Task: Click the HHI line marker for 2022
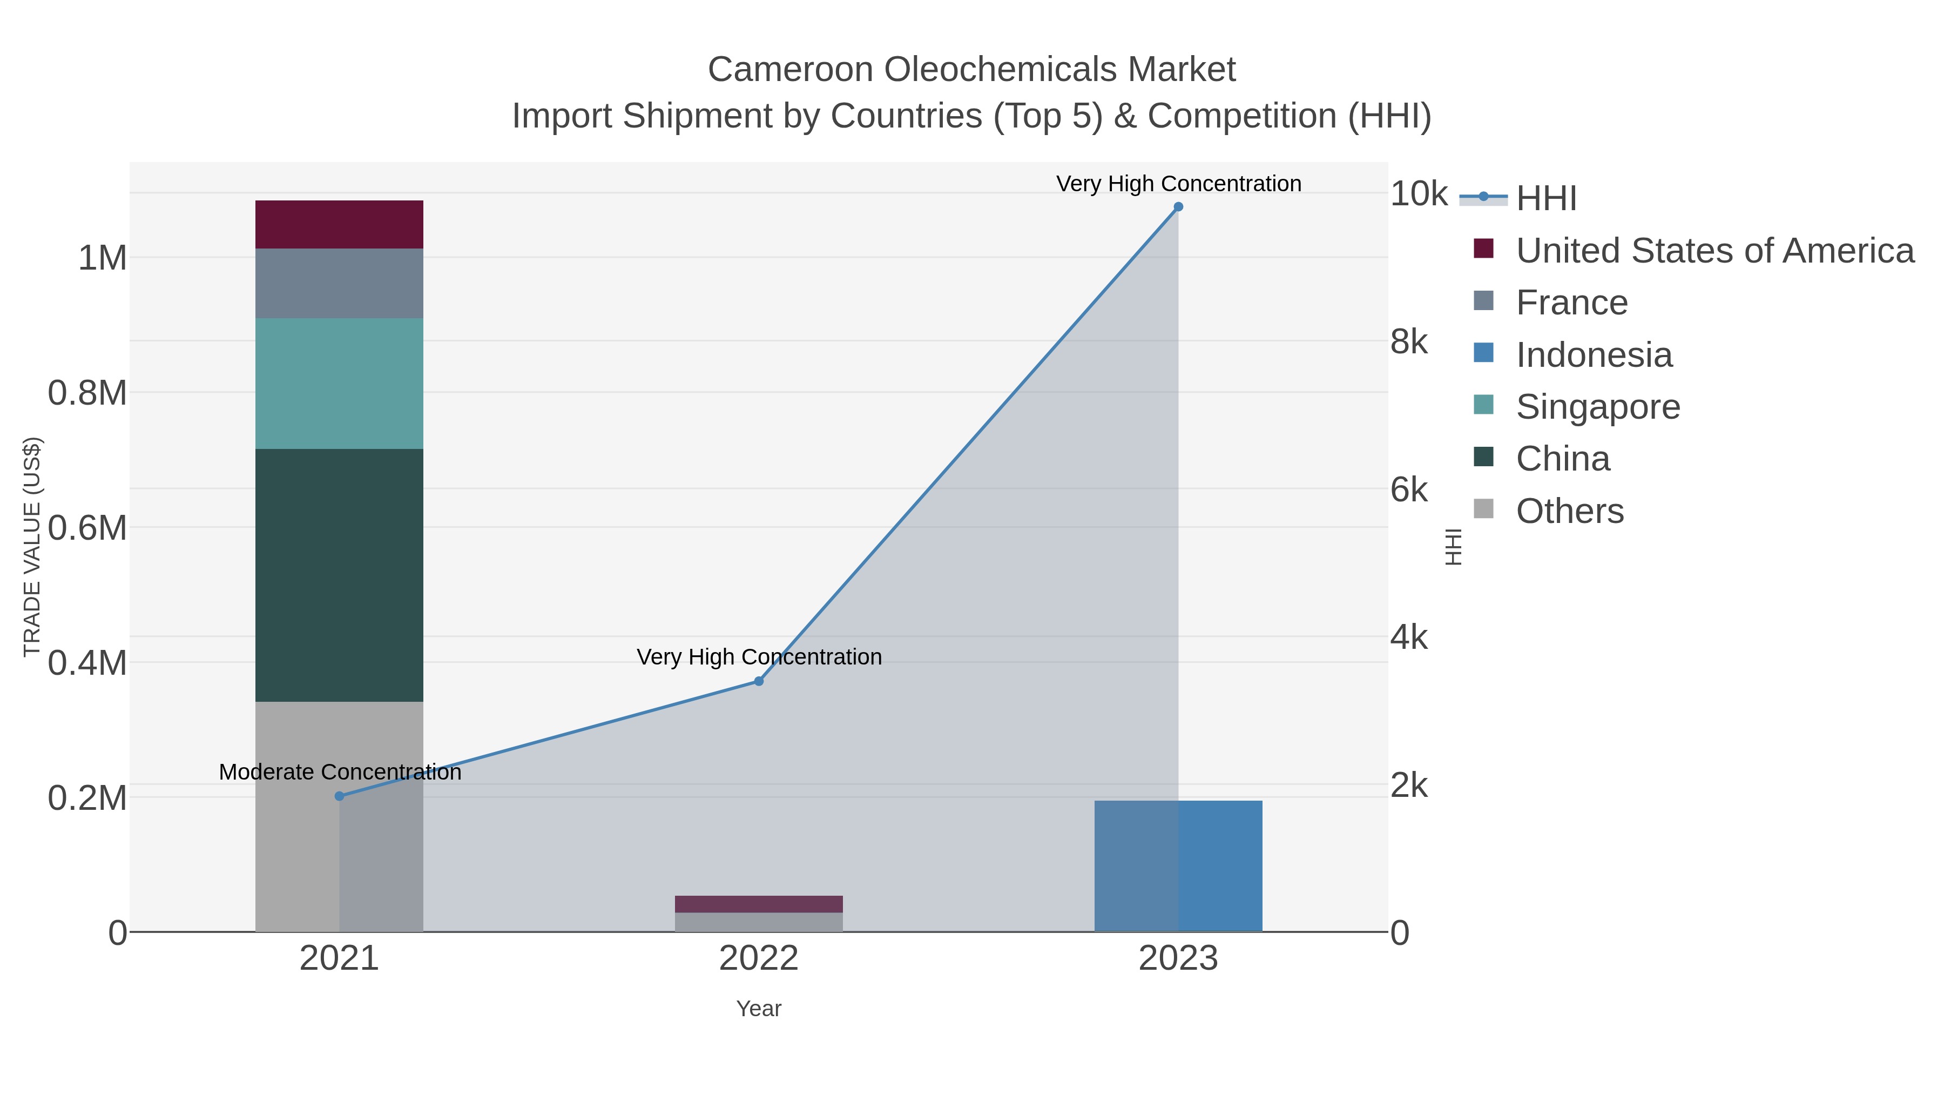click(x=759, y=681)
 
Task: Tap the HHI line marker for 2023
click(x=1178, y=207)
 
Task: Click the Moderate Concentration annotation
click(x=340, y=771)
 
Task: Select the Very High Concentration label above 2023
click(x=1178, y=184)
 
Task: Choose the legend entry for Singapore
click(x=1598, y=407)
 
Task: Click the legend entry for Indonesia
click(x=1594, y=355)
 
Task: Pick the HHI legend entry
click(x=1545, y=198)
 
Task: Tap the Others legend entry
click(x=1570, y=511)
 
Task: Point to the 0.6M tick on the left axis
click(x=87, y=528)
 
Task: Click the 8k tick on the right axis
click(x=1408, y=342)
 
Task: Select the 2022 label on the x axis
click(x=759, y=958)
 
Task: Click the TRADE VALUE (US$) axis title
click(x=32, y=547)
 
